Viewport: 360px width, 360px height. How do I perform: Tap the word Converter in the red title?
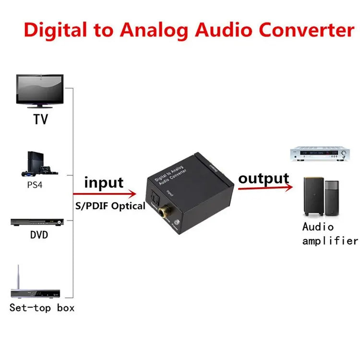coord(307,30)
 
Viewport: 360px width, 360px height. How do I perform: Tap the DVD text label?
coord(39,236)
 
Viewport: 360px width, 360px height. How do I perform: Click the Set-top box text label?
coord(42,308)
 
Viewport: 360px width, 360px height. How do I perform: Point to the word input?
coord(104,183)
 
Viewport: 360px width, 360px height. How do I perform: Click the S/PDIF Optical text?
coord(109,206)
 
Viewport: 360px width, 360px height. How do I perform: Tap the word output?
coord(264,179)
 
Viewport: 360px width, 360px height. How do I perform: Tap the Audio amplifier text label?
coord(330,234)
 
